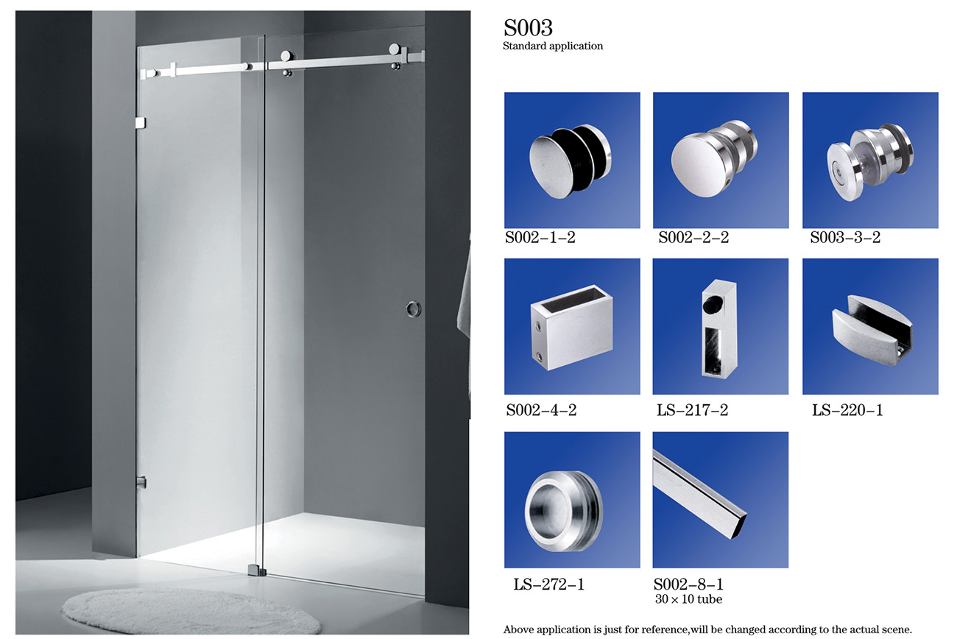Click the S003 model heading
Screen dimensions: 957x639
pyautogui.click(x=528, y=27)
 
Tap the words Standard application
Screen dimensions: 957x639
pyautogui.click(x=553, y=46)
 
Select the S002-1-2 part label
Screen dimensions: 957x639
pyautogui.click(x=540, y=237)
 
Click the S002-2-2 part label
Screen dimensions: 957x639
pyautogui.click(x=693, y=237)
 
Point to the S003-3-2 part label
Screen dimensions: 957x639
pyautogui.click(x=845, y=237)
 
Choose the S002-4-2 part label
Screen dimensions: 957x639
pyautogui.click(x=541, y=410)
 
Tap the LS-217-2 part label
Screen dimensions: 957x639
pyautogui.click(x=692, y=410)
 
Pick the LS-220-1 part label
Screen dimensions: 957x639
pyautogui.click(x=847, y=410)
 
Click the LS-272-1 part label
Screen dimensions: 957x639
pyautogui.click(x=548, y=584)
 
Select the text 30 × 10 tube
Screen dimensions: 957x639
pyautogui.click(x=689, y=599)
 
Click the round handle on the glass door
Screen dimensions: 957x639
pyautogui.click(x=413, y=308)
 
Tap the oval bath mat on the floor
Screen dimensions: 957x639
pyautogui.click(x=191, y=611)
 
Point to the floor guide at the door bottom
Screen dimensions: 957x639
pyautogui.click(x=256, y=571)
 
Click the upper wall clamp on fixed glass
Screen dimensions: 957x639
pyautogui.click(x=141, y=123)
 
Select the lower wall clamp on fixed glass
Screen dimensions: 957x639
pyautogui.click(x=141, y=482)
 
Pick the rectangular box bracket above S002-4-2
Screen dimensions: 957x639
pyautogui.click(x=572, y=327)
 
